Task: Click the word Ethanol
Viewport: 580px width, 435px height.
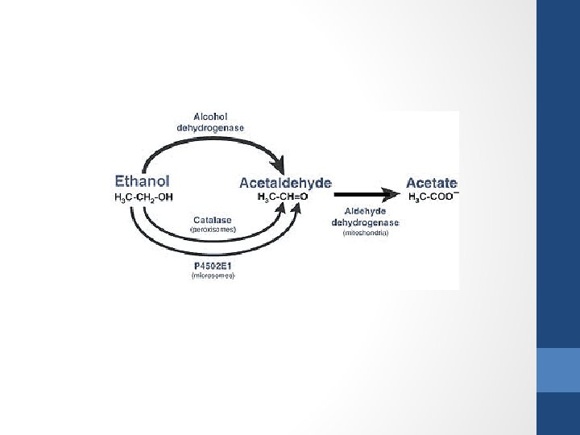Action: pyautogui.click(x=143, y=182)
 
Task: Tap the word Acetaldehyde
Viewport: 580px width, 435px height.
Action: pyautogui.click(x=285, y=183)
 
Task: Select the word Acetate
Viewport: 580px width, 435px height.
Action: pyautogui.click(x=431, y=183)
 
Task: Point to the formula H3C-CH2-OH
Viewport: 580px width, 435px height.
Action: pyautogui.click(x=144, y=197)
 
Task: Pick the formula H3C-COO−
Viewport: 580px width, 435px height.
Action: pyautogui.click(x=433, y=197)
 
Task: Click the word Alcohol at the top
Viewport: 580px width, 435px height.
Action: pyautogui.click(x=210, y=116)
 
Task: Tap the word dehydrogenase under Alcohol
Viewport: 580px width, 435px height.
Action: pyautogui.click(x=210, y=126)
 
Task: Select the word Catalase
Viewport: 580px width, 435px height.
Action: pyautogui.click(x=213, y=219)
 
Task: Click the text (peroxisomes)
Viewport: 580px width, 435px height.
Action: pyautogui.click(x=213, y=229)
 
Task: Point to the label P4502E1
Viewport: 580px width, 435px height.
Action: pyautogui.click(x=213, y=265)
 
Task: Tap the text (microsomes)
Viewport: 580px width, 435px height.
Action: pyautogui.click(x=213, y=275)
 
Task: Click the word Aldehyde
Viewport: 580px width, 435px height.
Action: pyautogui.click(x=365, y=211)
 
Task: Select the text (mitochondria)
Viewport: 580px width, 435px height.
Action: pyautogui.click(x=365, y=233)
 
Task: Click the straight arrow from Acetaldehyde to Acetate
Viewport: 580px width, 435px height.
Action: pyautogui.click(x=362, y=194)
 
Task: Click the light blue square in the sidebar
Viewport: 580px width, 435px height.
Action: pyautogui.click(x=557, y=370)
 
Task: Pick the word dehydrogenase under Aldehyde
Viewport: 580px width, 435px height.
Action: pyautogui.click(x=365, y=222)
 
